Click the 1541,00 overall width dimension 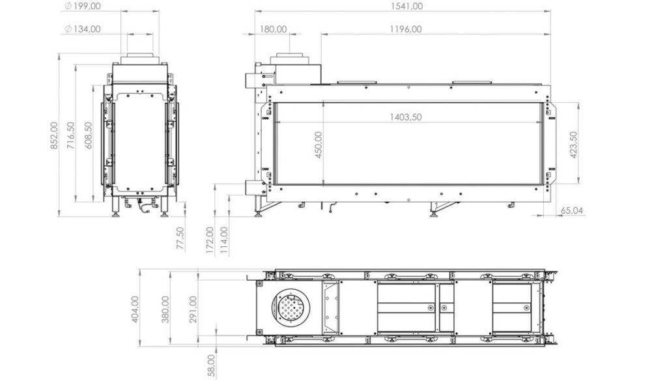click(x=406, y=7)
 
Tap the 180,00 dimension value click(x=273, y=29)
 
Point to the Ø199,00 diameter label click(x=83, y=7)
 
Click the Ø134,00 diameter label click(x=83, y=29)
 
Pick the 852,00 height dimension click(x=54, y=135)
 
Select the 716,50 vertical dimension click(x=71, y=135)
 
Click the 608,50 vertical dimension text click(x=89, y=135)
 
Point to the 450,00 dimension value click(x=318, y=145)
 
